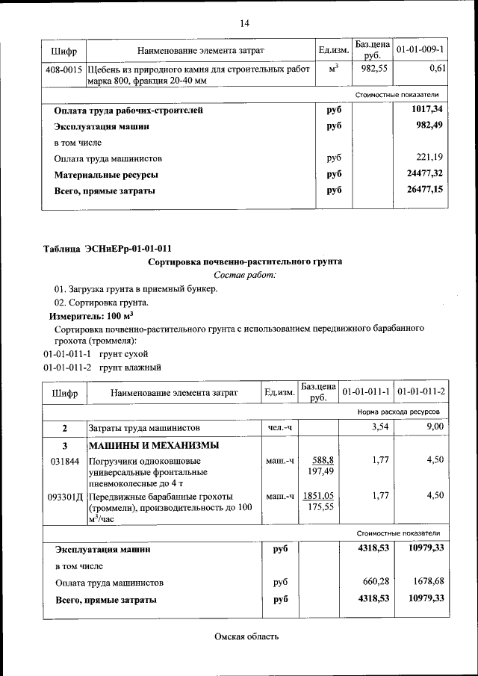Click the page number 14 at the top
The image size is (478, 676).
tap(243, 24)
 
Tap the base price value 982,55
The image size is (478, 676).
tap(371, 68)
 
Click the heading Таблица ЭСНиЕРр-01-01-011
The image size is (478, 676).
tap(111, 248)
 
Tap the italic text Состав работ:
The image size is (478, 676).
tap(244, 276)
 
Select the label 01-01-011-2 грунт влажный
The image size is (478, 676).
tap(102, 367)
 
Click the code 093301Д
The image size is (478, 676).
tap(66, 495)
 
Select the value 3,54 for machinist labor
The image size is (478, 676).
tap(380, 427)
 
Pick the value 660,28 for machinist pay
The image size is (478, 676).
tap(376, 582)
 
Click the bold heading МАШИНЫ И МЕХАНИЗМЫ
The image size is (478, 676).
tap(154, 446)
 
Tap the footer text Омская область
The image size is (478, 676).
tap(246, 636)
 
